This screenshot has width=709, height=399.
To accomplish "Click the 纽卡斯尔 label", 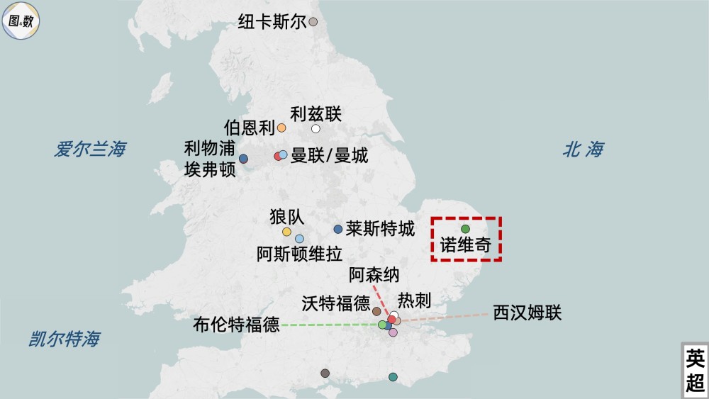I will click(x=272, y=22).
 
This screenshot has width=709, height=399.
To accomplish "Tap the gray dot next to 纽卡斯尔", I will click(x=313, y=22).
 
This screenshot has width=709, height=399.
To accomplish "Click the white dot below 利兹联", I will click(x=316, y=128).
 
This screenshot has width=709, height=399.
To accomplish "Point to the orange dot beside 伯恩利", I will click(x=281, y=128).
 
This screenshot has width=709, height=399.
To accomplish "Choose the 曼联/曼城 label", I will click(x=329, y=156).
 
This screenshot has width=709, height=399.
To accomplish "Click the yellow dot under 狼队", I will click(x=286, y=232).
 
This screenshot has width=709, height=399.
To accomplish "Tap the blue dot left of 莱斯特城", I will click(x=338, y=229).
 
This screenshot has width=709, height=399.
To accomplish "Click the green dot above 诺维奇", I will click(x=466, y=229).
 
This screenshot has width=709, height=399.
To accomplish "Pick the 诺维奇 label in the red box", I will click(x=465, y=246).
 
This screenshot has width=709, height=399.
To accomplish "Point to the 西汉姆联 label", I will click(x=527, y=312).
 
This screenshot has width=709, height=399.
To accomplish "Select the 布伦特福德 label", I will click(x=236, y=325).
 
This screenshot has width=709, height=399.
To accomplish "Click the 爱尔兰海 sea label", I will click(x=90, y=150).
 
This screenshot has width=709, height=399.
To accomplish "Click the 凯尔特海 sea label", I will click(x=64, y=339).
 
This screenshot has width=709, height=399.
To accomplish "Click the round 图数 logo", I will click(x=21, y=21).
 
